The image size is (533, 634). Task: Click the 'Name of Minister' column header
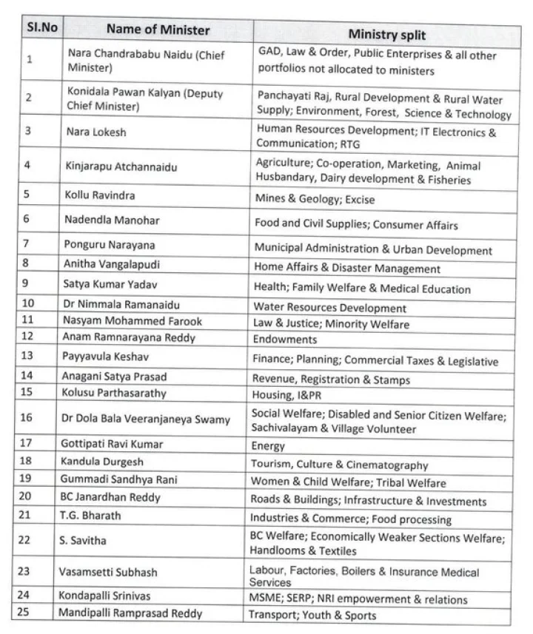tap(158, 30)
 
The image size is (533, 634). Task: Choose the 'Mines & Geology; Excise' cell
tap(315, 200)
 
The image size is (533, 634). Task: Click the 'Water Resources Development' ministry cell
tap(329, 308)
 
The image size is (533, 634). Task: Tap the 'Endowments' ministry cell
tap(285, 340)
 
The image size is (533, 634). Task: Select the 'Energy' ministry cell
tap(268, 446)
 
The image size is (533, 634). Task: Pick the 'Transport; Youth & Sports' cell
tap(312, 616)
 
